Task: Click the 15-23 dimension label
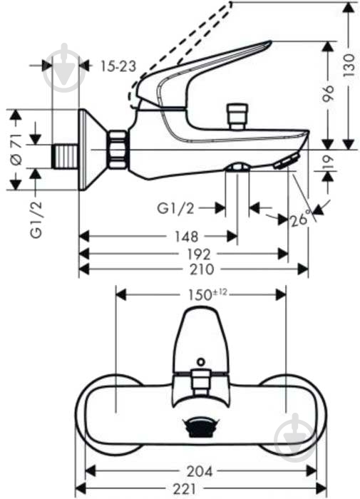click(118, 66)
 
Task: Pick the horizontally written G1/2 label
click(175, 208)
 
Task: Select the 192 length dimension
click(184, 252)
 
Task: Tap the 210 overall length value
click(192, 269)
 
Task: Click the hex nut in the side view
click(116, 150)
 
